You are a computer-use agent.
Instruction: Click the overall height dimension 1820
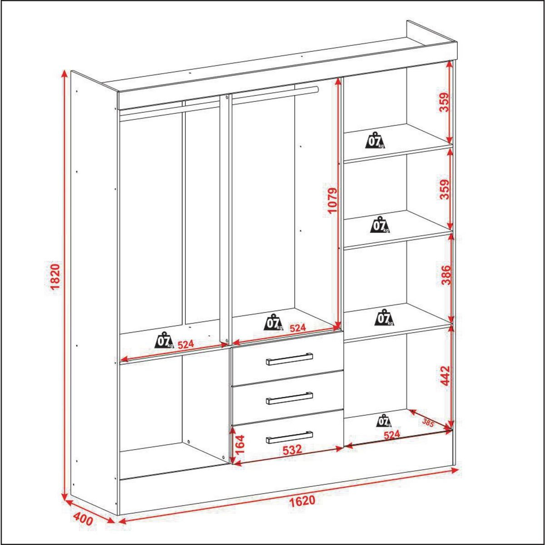[x=55, y=277]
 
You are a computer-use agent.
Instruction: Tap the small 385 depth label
[x=428, y=422]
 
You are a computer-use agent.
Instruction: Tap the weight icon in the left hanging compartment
[x=164, y=340]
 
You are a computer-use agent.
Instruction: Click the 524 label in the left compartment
[x=186, y=344]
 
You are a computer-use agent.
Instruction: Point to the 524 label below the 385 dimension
[x=391, y=435]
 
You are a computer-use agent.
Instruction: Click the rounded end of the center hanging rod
[x=316, y=90]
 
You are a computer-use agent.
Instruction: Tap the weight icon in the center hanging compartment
[x=274, y=322]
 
